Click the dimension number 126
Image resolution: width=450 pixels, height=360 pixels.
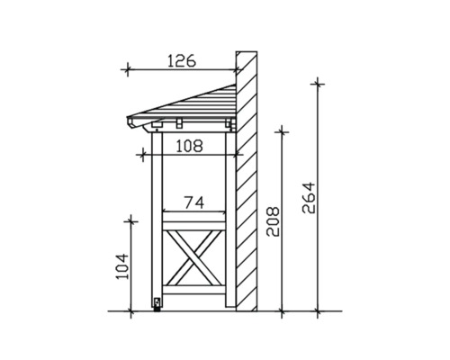point(182,61)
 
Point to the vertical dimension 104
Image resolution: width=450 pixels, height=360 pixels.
point(123,266)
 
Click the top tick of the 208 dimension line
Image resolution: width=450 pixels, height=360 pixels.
point(283,131)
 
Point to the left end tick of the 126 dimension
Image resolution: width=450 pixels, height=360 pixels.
point(128,69)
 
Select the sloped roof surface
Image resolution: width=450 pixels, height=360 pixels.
point(193,101)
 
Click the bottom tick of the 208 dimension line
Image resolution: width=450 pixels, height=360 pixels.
point(283,311)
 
